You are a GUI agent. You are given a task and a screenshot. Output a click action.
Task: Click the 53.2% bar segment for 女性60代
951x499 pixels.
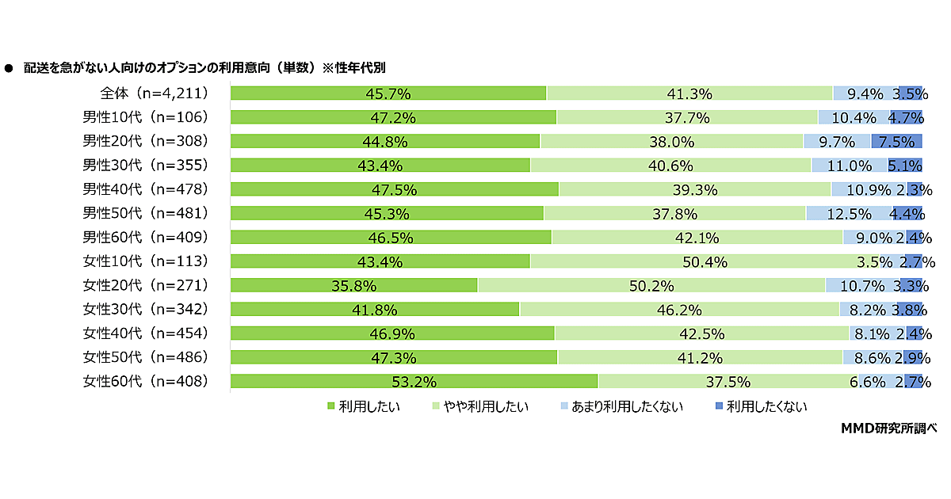pos(414,381)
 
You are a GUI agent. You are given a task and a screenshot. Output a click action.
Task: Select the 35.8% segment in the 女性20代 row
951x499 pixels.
pos(353,285)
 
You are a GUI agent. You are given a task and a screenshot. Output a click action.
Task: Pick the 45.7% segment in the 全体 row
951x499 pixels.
pos(388,93)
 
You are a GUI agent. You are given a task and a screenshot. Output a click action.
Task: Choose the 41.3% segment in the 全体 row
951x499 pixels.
pos(689,93)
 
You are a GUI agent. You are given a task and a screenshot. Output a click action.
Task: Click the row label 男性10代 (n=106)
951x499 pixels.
pos(146,117)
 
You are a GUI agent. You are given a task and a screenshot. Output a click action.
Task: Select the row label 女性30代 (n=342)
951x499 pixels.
pos(146,309)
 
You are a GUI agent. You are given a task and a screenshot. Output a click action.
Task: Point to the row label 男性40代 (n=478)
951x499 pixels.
pos(146,189)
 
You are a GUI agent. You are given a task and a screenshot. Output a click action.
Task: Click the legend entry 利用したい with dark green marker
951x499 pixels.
pos(364,407)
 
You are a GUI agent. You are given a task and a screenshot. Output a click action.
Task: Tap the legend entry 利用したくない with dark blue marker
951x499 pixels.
pos(761,407)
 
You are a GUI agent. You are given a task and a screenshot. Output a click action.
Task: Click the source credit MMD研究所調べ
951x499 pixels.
pos(888,428)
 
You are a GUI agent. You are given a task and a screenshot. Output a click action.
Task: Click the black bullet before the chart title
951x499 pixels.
pos(10,68)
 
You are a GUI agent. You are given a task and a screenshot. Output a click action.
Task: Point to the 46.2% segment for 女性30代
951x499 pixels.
pos(679,309)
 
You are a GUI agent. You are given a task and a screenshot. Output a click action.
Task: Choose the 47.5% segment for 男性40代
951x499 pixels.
pos(395,189)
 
